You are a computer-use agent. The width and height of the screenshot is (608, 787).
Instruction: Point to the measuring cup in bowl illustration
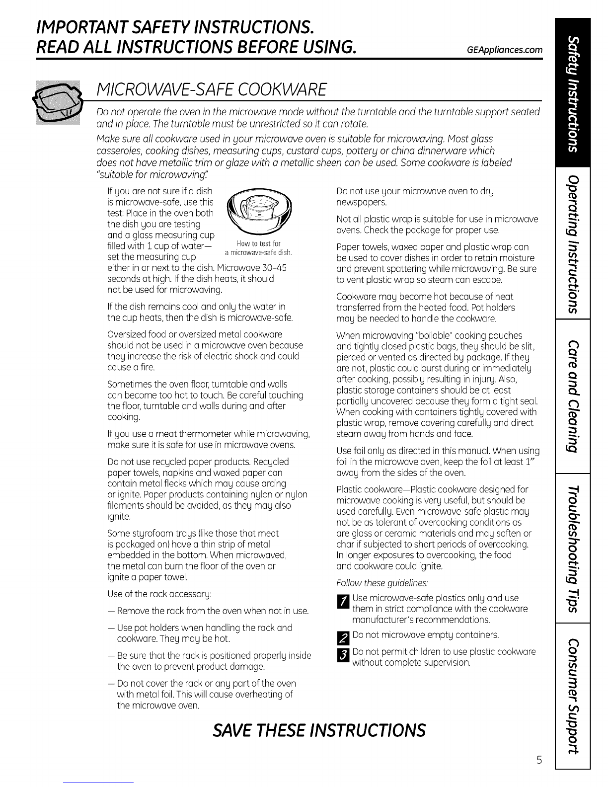pyautogui.click(x=259, y=212)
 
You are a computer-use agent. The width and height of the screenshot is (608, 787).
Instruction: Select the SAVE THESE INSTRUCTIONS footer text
pyautogui.click(x=319, y=730)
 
